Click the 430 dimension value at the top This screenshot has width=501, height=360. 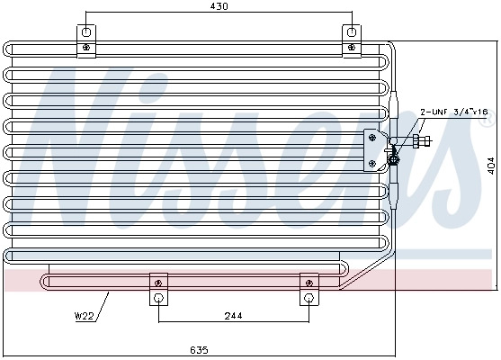(219, 7)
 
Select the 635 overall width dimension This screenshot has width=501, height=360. (199, 349)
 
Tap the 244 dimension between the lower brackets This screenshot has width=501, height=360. (233, 316)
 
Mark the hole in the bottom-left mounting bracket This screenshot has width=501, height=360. (158, 298)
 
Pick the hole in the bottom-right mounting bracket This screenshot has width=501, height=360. (309, 298)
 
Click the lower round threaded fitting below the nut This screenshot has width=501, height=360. (393, 159)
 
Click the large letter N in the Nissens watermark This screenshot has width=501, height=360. (90, 153)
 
